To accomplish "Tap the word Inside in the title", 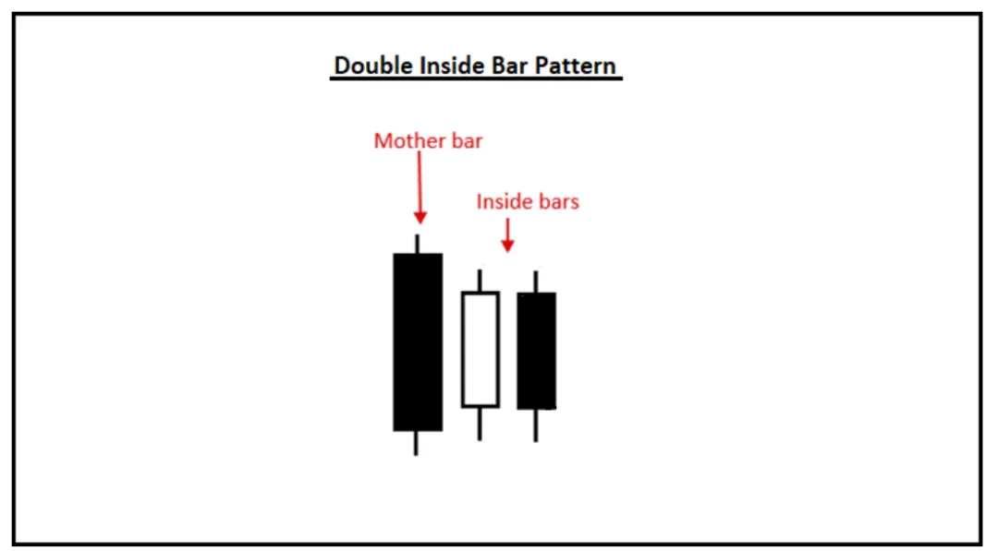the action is [x=443, y=66].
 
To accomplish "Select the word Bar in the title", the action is [x=504, y=66].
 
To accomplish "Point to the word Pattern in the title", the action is [x=573, y=66].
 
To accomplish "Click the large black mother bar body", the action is [x=418, y=341].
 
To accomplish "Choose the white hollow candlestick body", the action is [x=480, y=349].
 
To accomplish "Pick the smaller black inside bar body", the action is [x=536, y=351].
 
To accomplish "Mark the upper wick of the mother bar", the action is [x=417, y=244].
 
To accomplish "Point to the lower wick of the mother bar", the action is [x=416, y=442].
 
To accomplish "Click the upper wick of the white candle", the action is [x=480, y=281].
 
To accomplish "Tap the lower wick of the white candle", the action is [x=480, y=423].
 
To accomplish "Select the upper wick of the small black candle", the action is [x=536, y=281].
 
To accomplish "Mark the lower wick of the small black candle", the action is [x=536, y=425].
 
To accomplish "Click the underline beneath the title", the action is [x=476, y=79].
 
